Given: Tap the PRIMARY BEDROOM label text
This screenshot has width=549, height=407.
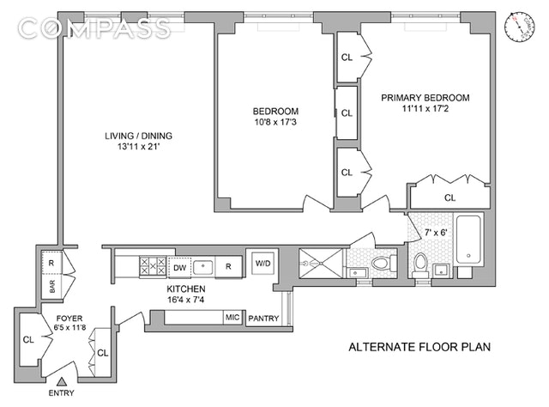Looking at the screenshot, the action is click(427, 97).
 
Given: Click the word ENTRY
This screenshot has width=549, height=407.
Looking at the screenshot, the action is click(59, 393).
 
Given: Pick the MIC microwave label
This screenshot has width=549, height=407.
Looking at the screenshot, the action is click(232, 317).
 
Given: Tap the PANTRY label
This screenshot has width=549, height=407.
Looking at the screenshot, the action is click(263, 319).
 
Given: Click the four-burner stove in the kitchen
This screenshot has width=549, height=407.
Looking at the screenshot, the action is click(153, 266).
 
